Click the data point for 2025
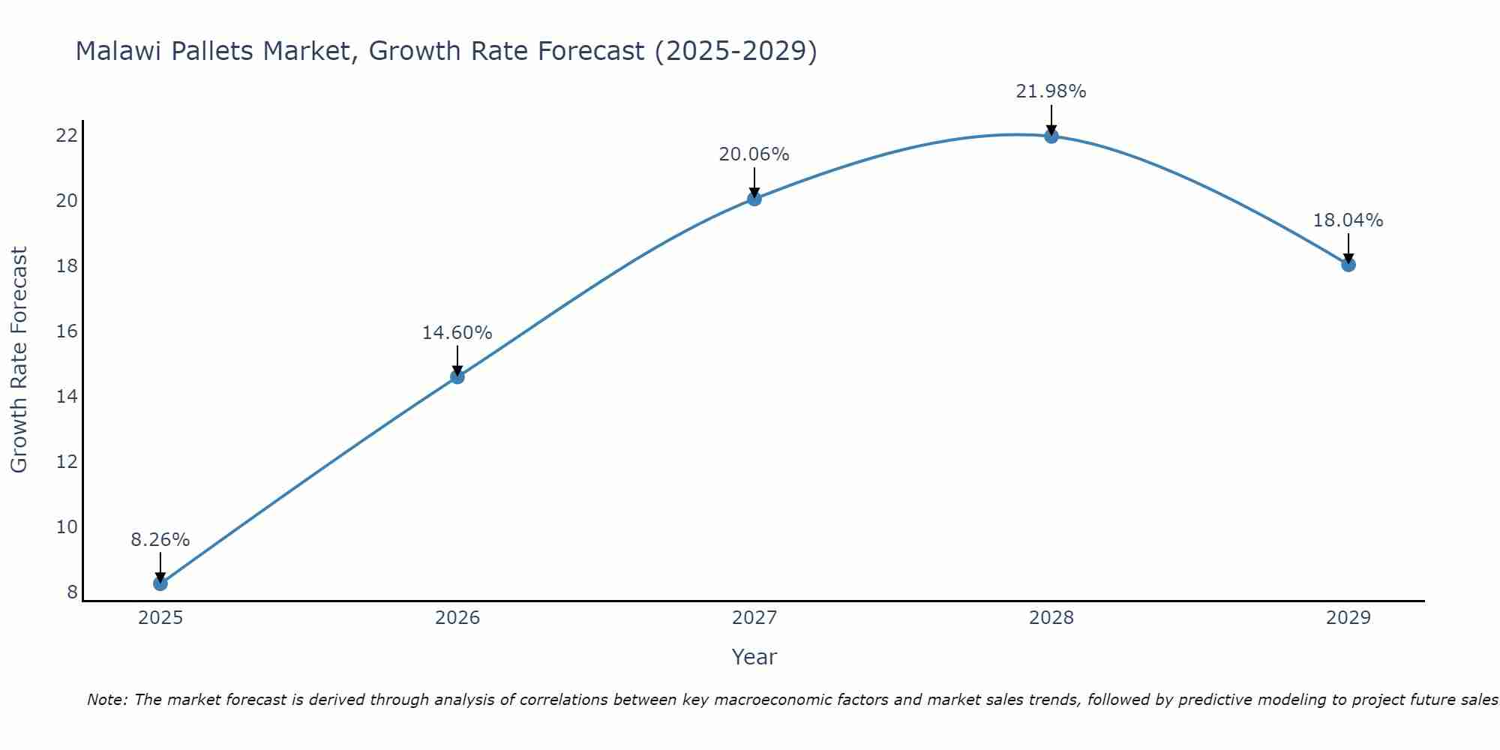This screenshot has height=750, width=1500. click(x=160, y=583)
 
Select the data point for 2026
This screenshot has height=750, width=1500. click(x=457, y=376)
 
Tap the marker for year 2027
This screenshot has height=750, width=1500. click(x=754, y=199)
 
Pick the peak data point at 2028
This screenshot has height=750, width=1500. click(x=1051, y=136)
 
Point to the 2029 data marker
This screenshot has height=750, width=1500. click(x=1348, y=264)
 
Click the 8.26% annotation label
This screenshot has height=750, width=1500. click(x=160, y=540)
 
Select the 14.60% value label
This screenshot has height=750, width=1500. click(x=457, y=333)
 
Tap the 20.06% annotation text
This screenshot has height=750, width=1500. click(x=754, y=154)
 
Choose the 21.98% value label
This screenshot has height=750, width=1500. click(x=1051, y=91)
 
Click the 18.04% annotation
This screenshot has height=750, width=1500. click(x=1348, y=220)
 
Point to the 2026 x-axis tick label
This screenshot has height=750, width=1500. click(x=457, y=618)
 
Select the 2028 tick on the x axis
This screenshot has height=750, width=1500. click(x=1051, y=618)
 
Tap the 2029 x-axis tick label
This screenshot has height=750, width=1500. click(x=1348, y=618)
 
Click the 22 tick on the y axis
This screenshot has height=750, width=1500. click(x=67, y=136)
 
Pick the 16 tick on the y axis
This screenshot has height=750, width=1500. click(x=67, y=331)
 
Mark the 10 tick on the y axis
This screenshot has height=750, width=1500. click(x=67, y=527)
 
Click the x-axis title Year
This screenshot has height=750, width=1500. click(x=754, y=657)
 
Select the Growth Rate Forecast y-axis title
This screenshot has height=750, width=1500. click(x=19, y=360)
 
